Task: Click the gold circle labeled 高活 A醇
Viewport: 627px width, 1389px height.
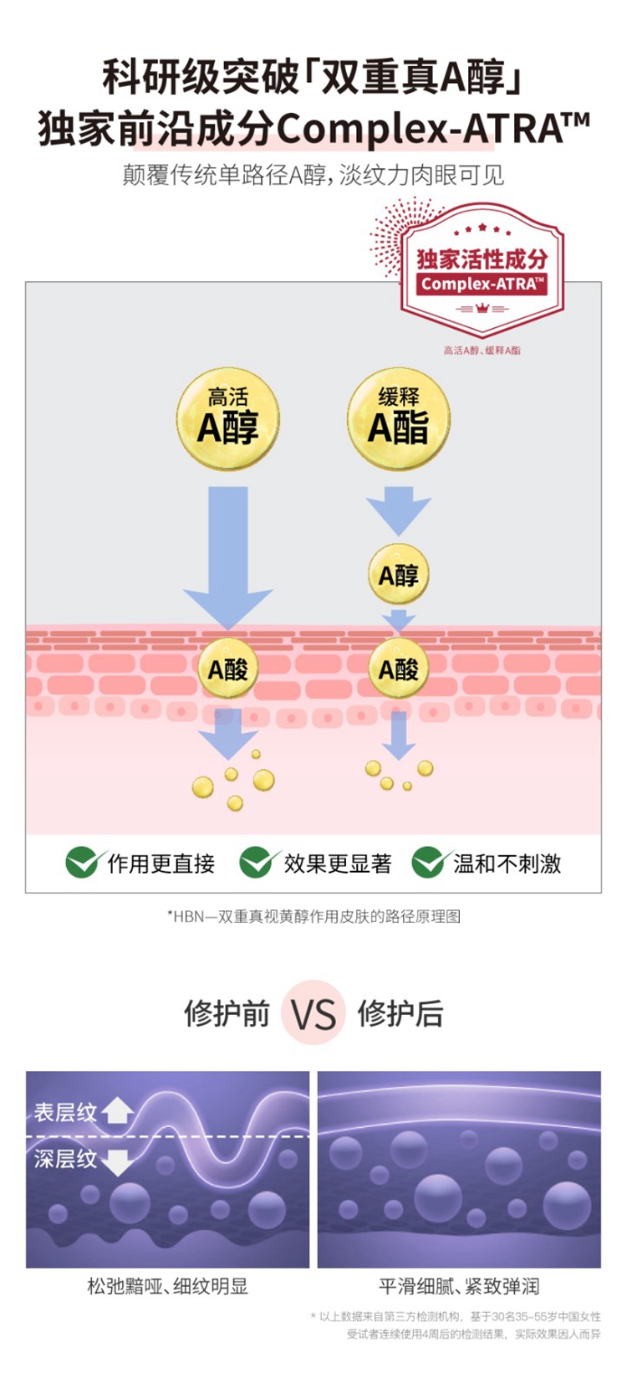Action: click(x=227, y=418)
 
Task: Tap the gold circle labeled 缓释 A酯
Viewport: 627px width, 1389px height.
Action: click(x=399, y=418)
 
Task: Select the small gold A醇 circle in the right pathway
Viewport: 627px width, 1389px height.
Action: click(x=399, y=575)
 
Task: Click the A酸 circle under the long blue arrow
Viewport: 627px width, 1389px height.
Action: click(x=227, y=669)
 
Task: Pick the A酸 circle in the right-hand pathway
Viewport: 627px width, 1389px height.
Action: click(x=399, y=669)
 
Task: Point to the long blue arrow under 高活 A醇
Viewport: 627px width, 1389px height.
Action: click(x=227, y=552)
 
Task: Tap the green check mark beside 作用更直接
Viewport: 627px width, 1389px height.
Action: click(x=82, y=862)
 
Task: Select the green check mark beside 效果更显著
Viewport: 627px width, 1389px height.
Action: click(x=256, y=862)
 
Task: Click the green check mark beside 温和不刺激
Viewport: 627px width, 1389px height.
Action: click(x=428, y=862)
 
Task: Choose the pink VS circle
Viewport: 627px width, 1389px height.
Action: click(x=313, y=1013)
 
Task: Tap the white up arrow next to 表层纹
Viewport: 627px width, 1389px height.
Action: click(x=118, y=1110)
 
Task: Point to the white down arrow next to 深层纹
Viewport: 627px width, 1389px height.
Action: click(x=118, y=1161)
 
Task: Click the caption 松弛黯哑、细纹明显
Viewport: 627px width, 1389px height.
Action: click(x=167, y=1286)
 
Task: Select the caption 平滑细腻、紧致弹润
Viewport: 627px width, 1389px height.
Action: click(x=459, y=1286)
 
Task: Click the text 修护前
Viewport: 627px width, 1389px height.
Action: click(x=227, y=1013)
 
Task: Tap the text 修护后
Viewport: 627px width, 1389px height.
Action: click(x=400, y=1013)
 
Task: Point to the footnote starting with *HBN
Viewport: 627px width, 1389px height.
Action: click(x=313, y=916)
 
